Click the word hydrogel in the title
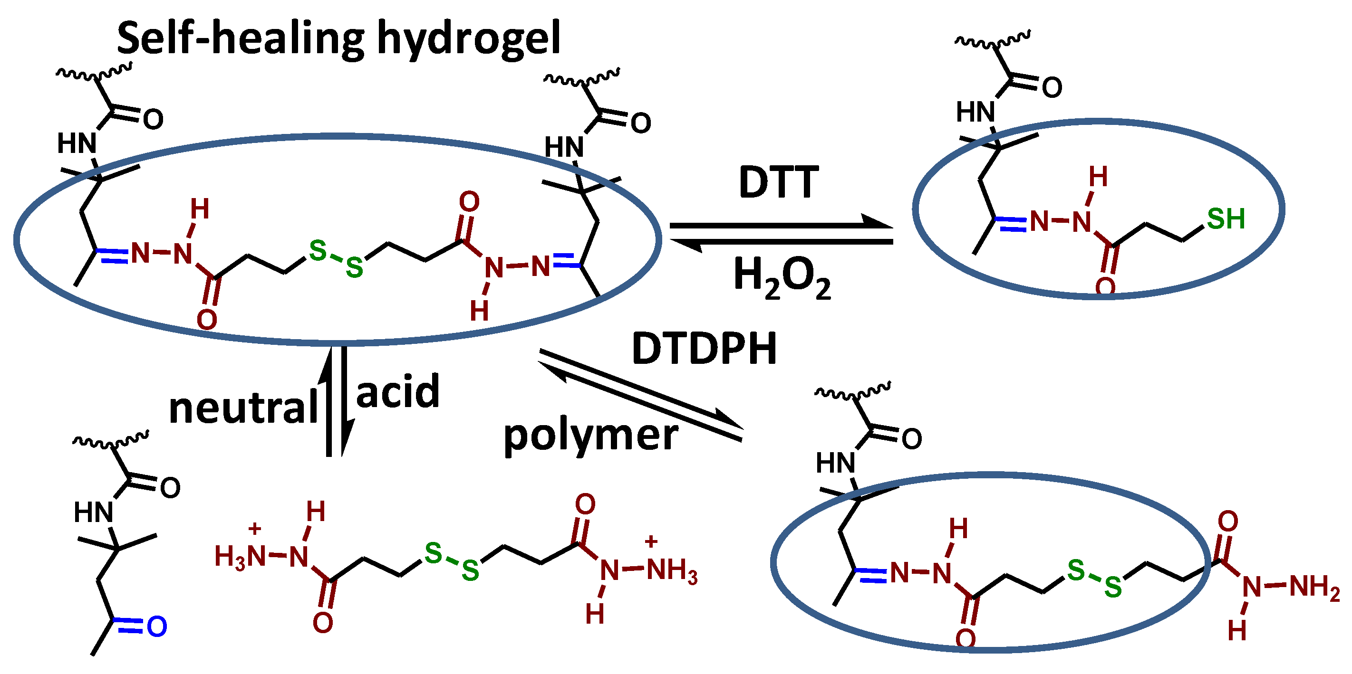pos(469,39)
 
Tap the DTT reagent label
pos(778,182)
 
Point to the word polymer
pos(590,436)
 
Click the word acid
pos(397,392)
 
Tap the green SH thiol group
pos(1226,218)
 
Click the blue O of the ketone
pos(157,627)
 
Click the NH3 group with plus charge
pos(672,570)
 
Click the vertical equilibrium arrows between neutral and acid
pos(336,401)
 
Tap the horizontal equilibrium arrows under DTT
pos(781,233)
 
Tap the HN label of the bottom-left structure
pos(94,512)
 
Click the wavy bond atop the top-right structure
pos(993,39)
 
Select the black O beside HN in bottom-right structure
pos(912,438)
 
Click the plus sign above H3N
pos(254,528)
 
